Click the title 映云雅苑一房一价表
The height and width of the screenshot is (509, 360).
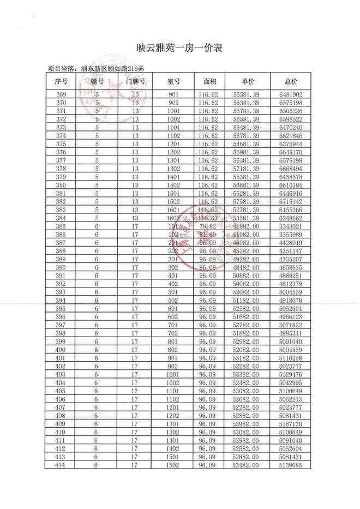click(179, 48)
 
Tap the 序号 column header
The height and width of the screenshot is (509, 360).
click(61, 81)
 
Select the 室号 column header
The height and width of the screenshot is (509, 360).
click(173, 81)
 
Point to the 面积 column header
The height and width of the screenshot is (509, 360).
click(210, 81)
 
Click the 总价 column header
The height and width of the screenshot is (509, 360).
click(291, 81)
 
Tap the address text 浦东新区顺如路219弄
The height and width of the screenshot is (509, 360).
click(112, 69)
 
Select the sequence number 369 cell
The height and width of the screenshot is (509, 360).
click(61, 94)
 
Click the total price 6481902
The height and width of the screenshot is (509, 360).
click(291, 94)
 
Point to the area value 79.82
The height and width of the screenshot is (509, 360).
click(210, 226)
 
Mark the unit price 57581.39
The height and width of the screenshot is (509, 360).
click(247, 201)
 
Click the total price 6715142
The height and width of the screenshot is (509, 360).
click(291, 201)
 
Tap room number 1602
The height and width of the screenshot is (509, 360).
click(173, 218)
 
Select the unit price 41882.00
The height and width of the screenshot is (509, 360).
click(247, 226)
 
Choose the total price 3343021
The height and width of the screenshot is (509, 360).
click(291, 226)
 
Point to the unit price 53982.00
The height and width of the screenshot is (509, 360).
click(247, 423)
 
